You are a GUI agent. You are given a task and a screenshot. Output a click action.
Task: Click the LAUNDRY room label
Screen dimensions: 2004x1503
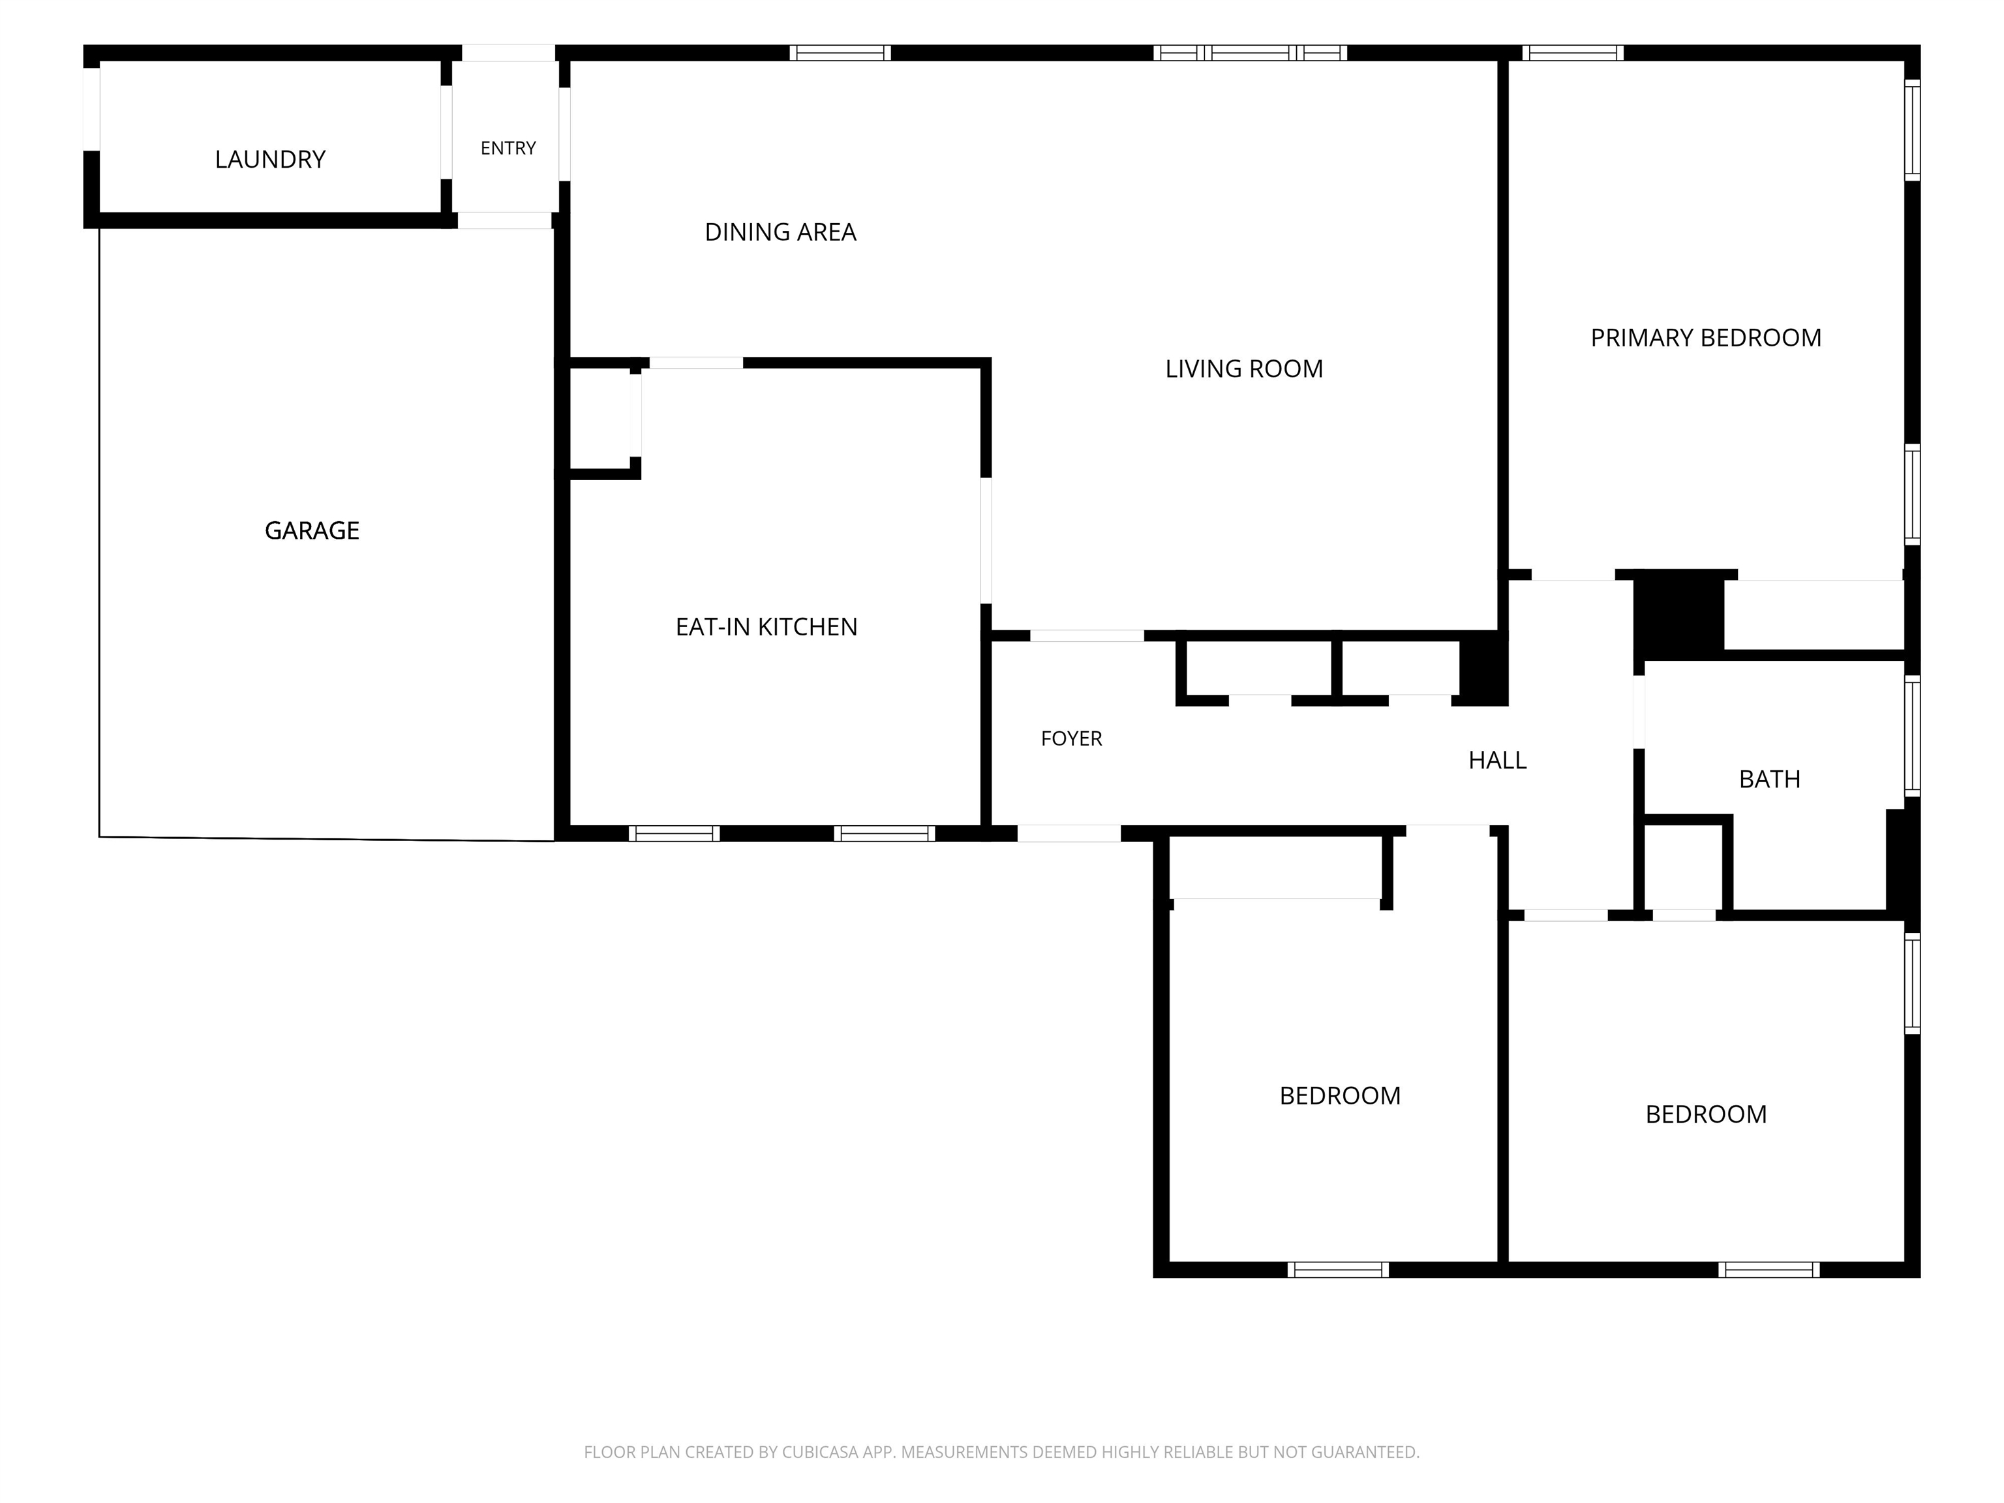pyautogui.click(x=270, y=159)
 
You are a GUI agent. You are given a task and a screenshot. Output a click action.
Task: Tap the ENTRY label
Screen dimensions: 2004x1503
pyautogui.click(x=508, y=147)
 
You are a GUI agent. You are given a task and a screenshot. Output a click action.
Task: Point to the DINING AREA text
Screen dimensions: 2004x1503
pyautogui.click(x=780, y=232)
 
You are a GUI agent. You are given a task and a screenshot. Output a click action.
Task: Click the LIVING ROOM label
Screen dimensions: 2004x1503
pyautogui.click(x=1244, y=369)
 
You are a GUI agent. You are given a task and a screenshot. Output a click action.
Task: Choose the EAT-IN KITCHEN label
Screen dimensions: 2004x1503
pyautogui.click(x=767, y=627)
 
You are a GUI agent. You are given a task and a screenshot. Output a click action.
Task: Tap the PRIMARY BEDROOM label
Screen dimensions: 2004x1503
pyautogui.click(x=1706, y=338)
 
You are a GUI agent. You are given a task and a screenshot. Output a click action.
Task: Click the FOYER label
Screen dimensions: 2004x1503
pyautogui.click(x=1071, y=738)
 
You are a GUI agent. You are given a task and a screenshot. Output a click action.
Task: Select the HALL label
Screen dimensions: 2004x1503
pyautogui.click(x=1498, y=760)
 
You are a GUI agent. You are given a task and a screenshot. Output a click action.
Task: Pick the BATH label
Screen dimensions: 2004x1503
pyautogui.click(x=1769, y=779)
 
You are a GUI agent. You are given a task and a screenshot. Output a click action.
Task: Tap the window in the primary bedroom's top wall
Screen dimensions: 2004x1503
pyautogui.click(x=1573, y=53)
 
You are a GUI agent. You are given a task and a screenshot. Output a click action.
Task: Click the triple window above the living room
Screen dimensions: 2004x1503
pyautogui.click(x=1251, y=53)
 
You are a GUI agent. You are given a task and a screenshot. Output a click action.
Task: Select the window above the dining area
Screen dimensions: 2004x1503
pyautogui.click(x=840, y=53)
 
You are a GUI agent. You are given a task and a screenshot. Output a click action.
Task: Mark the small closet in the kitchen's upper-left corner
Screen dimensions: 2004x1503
pyautogui.click(x=599, y=419)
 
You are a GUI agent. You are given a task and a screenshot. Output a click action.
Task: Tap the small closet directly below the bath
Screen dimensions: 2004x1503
pyautogui.click(x=1683, y=866)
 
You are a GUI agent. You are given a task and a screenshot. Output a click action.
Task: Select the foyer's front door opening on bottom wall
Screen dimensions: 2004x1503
pyautogui.click(x=1069, y=834)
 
